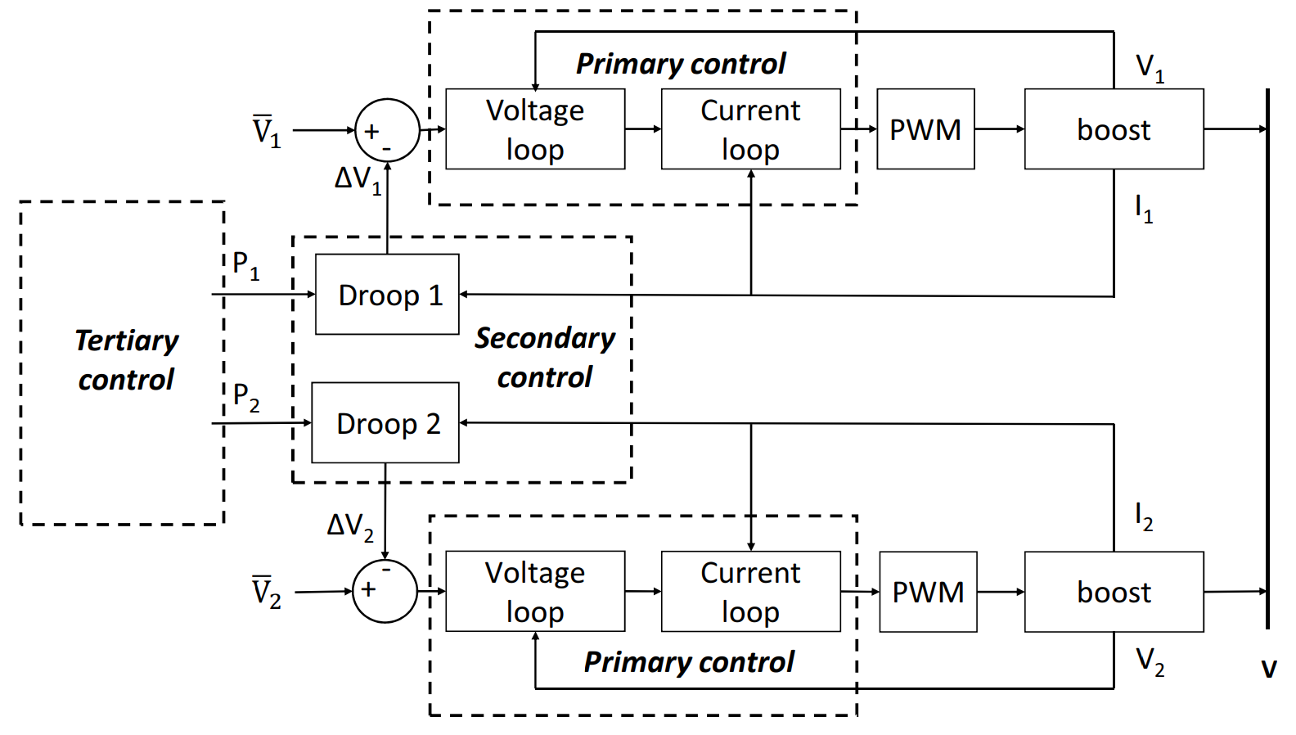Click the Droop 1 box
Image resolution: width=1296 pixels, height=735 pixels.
[387, 295]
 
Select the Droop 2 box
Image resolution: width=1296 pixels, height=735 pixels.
[385, 423]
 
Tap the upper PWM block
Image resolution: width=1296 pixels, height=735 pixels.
[925, 129]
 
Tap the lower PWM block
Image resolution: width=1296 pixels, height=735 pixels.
[928, 592]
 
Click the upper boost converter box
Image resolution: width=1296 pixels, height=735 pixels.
[1114, 129]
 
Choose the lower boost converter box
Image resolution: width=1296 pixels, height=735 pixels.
[1114, 592]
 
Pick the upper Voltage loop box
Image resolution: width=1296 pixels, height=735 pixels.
[535, 129]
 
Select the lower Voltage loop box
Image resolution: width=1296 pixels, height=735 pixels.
[535, 592]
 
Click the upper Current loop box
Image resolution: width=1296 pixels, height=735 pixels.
[750, 129]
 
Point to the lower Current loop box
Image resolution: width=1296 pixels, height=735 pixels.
[750, 592]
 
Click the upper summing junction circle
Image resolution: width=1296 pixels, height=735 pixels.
[387, 130]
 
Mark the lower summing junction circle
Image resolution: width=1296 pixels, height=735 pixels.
[385, 591]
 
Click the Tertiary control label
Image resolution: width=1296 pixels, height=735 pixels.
[126, 360]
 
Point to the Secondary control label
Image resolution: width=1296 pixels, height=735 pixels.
[545, 358]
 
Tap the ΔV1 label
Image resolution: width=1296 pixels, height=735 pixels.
[358, 179]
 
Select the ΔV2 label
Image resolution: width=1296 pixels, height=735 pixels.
[350, 526]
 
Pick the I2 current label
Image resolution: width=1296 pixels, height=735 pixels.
[1143, 516]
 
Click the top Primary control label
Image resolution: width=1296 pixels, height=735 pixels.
[681, 64]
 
